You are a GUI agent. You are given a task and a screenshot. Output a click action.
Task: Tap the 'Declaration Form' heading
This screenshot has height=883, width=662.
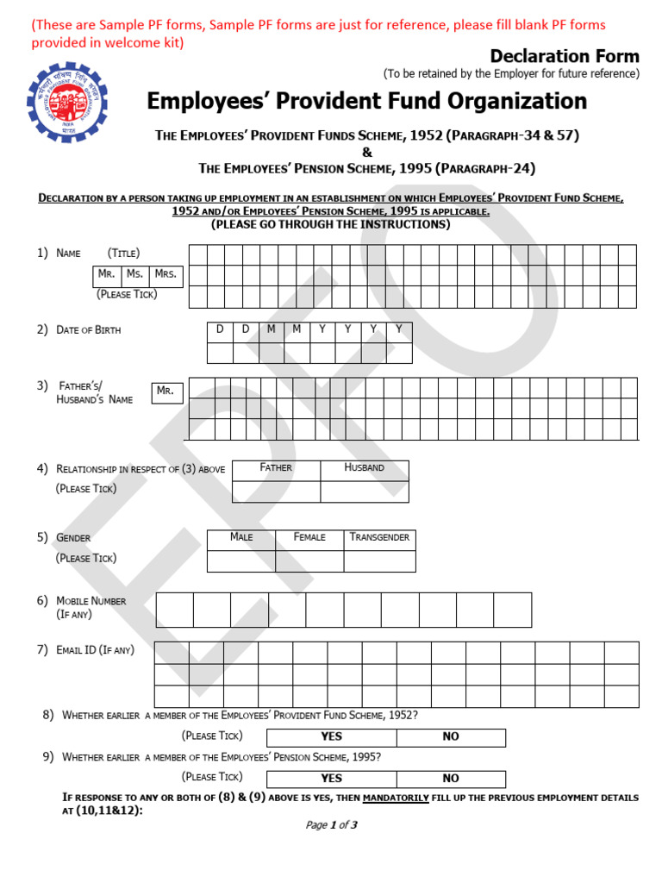tap(565, 57)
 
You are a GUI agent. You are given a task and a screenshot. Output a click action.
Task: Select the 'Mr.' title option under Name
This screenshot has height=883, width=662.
tap(107, 275)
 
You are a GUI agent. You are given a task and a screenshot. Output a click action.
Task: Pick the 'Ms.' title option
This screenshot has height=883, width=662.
tap(134, 275)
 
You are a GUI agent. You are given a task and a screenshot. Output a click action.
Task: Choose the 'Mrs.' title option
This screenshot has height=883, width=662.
tap(165, 275)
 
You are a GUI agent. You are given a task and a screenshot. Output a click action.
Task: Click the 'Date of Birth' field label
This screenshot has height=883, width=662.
tap(88, 330)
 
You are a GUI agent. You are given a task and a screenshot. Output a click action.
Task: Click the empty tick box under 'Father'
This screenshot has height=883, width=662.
tap(276, 492)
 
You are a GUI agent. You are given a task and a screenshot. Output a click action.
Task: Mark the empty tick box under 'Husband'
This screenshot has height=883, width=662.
tap(364, 492)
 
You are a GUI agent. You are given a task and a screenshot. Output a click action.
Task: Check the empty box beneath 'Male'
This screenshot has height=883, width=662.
tap(241, 561)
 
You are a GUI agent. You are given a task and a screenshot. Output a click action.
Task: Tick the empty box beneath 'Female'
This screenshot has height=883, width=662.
tap(309, 561)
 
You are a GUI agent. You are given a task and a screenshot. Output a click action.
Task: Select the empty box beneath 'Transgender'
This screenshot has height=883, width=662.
tap(379, 561)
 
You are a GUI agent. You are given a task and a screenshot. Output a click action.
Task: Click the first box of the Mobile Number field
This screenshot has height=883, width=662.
tap(174, 610)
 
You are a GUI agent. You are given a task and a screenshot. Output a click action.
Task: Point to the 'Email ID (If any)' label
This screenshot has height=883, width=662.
tap(95, 650)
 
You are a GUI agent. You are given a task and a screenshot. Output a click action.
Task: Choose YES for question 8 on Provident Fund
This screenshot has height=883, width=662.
tap(331, 737)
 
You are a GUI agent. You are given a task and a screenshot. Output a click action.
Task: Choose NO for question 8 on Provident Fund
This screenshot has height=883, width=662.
tap(451, 737)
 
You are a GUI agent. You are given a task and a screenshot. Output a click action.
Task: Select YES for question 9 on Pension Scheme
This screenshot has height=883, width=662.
tap(331, 779)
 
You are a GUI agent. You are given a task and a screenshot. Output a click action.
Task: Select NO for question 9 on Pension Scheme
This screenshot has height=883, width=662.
tap(451, 779)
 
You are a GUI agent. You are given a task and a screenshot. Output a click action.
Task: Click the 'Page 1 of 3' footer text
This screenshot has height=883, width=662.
tap(331, 825)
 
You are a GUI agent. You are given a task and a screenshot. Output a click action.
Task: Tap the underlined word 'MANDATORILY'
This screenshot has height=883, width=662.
tap(396, 798)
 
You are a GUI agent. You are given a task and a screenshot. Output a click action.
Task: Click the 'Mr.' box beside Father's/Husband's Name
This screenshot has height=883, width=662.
tap(165, 391)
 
